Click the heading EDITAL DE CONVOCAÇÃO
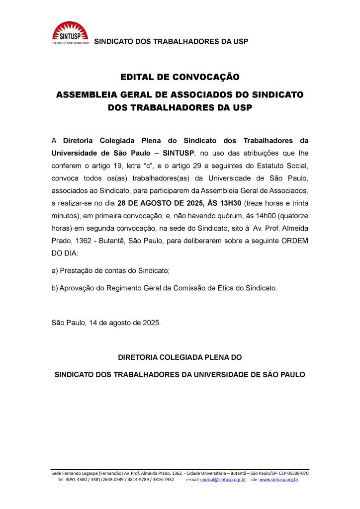180,77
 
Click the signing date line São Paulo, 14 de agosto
106,323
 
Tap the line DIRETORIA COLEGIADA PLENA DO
180,357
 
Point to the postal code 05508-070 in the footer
297,473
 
